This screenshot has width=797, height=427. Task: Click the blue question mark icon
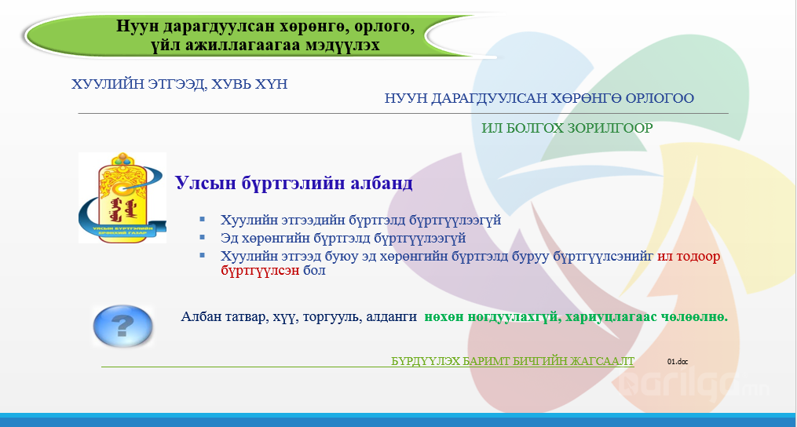click(x=122, y=326)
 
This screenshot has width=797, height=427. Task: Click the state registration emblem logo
click(x=122, y=198)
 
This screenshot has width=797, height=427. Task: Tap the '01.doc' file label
click(x=678, y=361)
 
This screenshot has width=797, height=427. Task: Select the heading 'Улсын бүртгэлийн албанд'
click(x=294, y=182)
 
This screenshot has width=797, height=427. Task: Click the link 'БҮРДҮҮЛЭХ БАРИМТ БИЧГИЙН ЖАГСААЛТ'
click(x=512, y=361)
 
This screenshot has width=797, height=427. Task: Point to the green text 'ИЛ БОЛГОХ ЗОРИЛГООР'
click(x=567, y=128)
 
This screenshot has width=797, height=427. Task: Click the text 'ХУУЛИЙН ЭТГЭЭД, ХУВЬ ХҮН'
click(x=180, y=84)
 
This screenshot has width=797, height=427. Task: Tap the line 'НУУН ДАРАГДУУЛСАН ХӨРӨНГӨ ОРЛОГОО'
click(x=539, y=97)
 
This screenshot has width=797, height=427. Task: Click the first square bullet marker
click(x=203, y=219)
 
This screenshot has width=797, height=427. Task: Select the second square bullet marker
click(x=203, y=237)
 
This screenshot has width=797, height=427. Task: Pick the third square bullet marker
click(x=203, y=255)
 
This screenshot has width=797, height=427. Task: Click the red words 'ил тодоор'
click(x=689, y=256)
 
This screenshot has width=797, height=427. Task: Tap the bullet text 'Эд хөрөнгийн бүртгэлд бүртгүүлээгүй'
click(x=343, y=238)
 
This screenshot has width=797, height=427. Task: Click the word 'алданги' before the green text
click(x=388, y=317)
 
